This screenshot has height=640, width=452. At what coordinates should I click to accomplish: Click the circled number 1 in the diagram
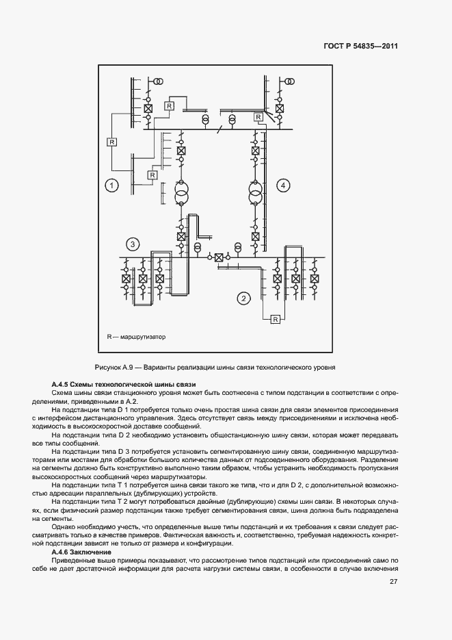pyautogui.click(x=112, y=185)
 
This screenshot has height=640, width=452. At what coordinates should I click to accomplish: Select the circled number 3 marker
pyautogui.click(x=133, y=244)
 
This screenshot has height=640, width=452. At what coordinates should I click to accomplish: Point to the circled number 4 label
pyautogui.click(x=282, y=185)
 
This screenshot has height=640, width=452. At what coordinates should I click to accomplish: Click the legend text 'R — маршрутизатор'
pyautogui.click(x=136, y=337)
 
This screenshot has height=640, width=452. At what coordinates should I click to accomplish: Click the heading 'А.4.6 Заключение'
pyautogui.click(x=83, y=552)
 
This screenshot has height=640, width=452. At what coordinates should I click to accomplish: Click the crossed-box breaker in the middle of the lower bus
pyautogui.click(x=219, y=257)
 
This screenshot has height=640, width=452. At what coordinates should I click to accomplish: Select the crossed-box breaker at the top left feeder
pyautogui.click(x=148, y=109)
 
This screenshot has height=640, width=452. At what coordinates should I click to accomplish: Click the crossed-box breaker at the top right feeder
pyautogui.click(x=279, y=109)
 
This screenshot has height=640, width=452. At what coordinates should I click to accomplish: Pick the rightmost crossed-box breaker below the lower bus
pyautogui.click(x=315, y=279)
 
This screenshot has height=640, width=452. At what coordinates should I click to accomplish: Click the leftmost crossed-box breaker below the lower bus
pyautogui.click(x=126, y=279)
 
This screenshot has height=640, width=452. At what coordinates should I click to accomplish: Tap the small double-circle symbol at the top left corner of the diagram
pyautogui.click(x=158, y=81)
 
